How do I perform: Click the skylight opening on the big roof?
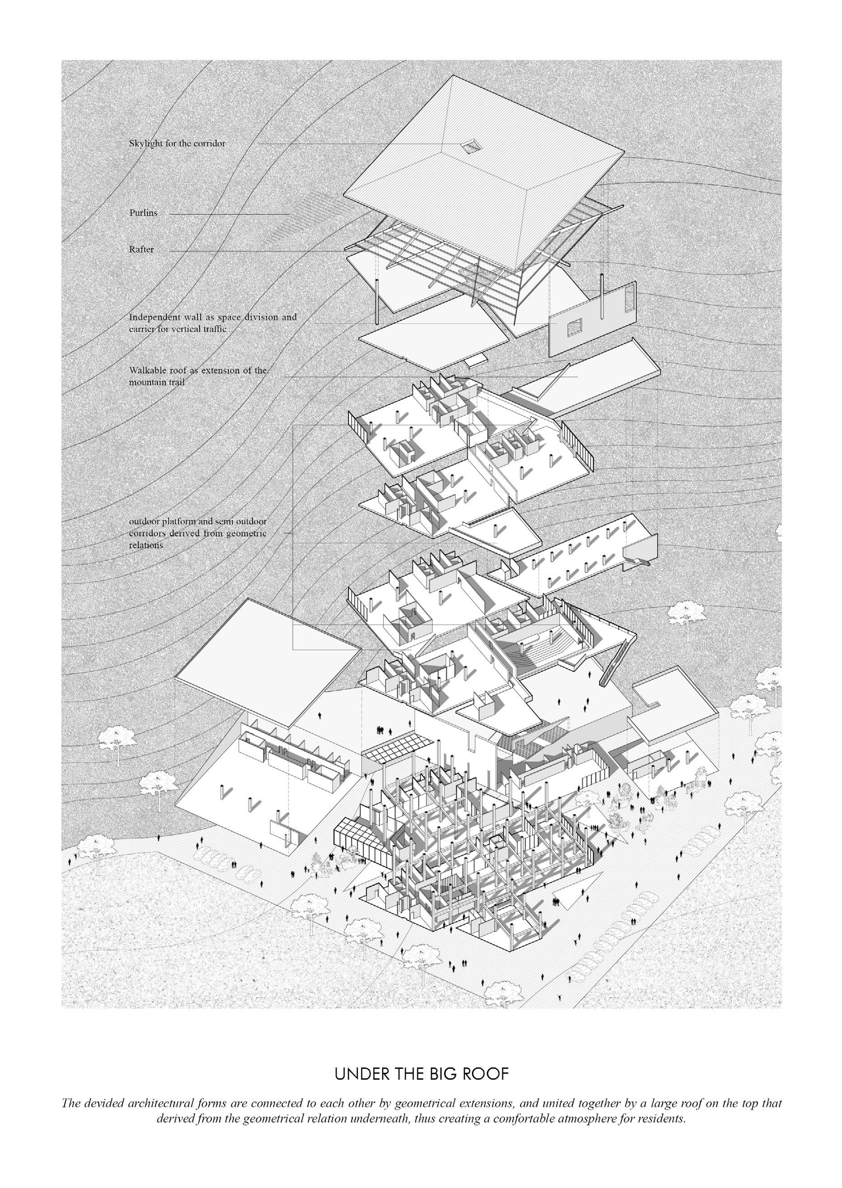click(471, 147)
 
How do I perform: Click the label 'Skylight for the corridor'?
click(178, 144)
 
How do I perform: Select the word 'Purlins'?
click(143, 213)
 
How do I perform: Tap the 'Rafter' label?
click(141, 249)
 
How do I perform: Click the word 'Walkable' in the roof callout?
click(148, 371)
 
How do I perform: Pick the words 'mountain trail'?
click(157, 382)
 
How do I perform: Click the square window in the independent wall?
click(574, 326)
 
